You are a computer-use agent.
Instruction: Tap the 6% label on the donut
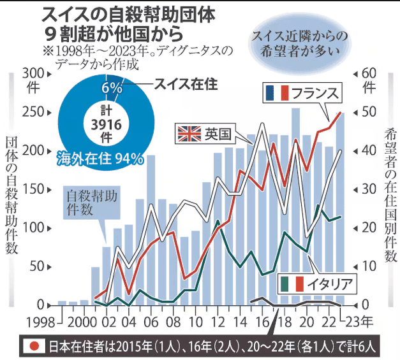coord(112,89)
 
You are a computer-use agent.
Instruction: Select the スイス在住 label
coord(182,83)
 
